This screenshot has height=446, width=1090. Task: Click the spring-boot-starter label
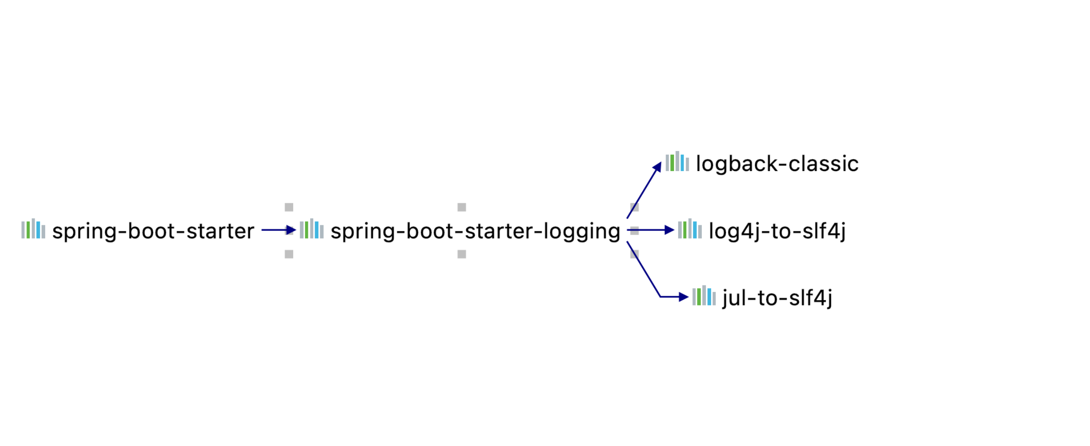pyautogui.click(x=153, y=231)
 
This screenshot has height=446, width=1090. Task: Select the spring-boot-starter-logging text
pyautogui.click(x=475, y=231)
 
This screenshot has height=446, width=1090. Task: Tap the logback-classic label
pyautogui.click(x=777, y=164)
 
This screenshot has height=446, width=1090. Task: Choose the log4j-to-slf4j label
pyautogui.click(x=777, y=231)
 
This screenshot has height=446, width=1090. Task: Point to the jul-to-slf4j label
pyautogui.click(x=777, y=298)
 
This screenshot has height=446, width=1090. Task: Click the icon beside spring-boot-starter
pyautogui.click(x=33, y=229)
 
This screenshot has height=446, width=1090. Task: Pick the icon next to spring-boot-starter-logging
pyautogui.click(x=311, y=229)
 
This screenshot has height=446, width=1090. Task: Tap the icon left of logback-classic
pyautogui.click(x=677, y=162)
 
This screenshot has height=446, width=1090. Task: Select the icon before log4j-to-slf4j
pyautogui.click(x=690, y=229)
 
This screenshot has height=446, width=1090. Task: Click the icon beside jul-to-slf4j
pyautogui.click(x=704, y=296)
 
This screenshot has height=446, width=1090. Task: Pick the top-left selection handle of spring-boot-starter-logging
pyautogui.click(x=289, y=207)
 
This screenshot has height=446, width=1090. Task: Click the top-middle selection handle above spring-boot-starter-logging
pyautogui.click(x=462, y=207)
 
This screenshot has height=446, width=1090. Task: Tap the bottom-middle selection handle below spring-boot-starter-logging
pyautogui.click(x=462, y=254)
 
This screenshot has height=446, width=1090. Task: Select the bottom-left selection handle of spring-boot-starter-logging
pyautogui.click(x=289, y=254)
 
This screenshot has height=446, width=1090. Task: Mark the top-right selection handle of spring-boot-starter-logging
pyautogui.click(x=634, y=207)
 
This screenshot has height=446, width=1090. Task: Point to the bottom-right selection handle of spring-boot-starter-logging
pyautogui.click(x=634, y=254)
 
